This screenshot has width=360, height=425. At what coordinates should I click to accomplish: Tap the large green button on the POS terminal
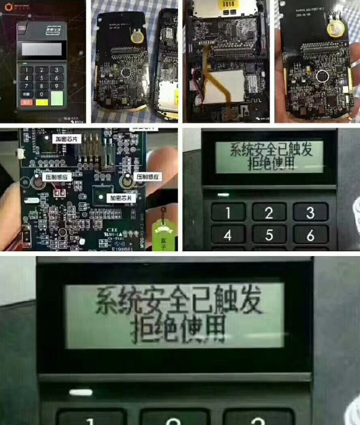click(x=57, y=98)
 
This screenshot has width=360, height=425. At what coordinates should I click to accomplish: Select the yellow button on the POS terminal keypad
click(x=41, y=102)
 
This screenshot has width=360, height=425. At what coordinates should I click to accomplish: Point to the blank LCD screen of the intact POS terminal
click(x=41, y=51)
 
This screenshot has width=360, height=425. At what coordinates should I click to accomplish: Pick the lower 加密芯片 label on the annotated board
click(x=121, y=198)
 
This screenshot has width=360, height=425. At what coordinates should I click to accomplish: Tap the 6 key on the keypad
click(x=310, y=235)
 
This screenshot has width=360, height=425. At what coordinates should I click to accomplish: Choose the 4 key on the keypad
click(x=228, y=235)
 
